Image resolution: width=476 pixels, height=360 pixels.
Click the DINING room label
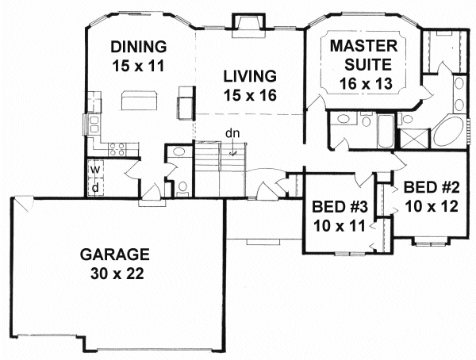(x=139, y=47)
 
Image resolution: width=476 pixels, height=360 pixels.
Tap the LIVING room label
(x=250, y=76)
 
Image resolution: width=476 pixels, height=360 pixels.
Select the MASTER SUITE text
(x=364, y=56)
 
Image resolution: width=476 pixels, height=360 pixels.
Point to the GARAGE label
(x=115, y=255)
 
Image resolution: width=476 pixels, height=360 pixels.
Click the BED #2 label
(x=432, y=188)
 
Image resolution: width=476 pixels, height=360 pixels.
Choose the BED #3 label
(x=340, y=207)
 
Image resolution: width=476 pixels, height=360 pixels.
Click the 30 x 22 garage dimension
(x=117, y=274)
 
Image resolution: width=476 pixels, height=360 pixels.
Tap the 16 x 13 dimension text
(x=366, y=83)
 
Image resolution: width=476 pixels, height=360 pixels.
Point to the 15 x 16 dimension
(x=250, y=95)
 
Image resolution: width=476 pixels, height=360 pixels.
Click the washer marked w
(x=95, y=170)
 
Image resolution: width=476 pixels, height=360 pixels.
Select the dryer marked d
(x=95, y=188)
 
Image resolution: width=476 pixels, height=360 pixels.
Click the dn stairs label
(x=232, y=133)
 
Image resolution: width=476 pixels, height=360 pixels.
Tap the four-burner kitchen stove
(x=117, y=149)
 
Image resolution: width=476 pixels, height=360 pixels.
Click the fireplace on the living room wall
(x=248, y=25)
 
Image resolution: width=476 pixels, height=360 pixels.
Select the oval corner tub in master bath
(x=449, y=132)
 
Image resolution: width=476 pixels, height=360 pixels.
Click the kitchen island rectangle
(x=140, y=100)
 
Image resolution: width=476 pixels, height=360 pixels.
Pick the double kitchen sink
(x=94, y=124)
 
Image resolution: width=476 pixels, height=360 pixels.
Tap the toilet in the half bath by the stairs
(x=182, y=189)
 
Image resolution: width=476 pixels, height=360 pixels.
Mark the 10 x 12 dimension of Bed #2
(x=432, y=207)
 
